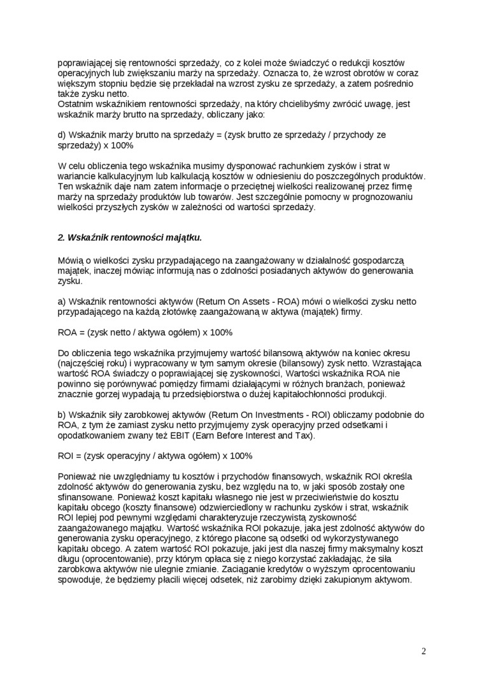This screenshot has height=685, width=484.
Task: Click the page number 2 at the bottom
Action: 423,651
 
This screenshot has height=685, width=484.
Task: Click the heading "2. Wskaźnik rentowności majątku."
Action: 130,238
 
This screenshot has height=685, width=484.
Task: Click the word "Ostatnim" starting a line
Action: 76,104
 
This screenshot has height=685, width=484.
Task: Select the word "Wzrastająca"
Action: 394,363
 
